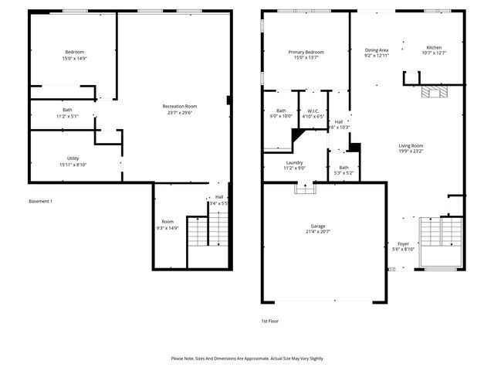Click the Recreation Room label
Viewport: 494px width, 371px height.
pyautogui.click(x=179, y=106)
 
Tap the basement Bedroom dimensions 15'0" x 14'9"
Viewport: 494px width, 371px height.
pyautogui.click(x=74, y=58)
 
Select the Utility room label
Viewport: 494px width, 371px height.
pyautogui.click(x=73, y=158)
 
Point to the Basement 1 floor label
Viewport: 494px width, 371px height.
pyautogui.click(x=40, y=201)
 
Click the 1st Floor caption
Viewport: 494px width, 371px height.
pyautogui.click(x=269, y=320)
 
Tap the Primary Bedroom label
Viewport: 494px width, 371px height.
pyautogui.click(x=306, y=52)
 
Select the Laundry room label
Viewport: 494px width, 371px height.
pyautogui.click(x=294, y=162)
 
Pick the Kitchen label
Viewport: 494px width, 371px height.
pyautogui.click(x=434, y=47)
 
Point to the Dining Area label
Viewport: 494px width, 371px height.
pyautogui.click(x=376, y=50)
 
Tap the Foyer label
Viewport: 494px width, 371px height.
pyautogui.click(x=403, y=243)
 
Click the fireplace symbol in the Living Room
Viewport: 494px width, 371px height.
pyautogui.click(x=435, y=94)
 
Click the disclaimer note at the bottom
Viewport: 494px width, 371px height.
pyautogui.click(x=247, y=359)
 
